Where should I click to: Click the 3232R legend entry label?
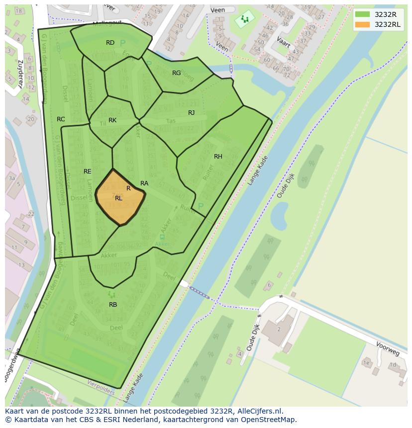(x=386, y=14)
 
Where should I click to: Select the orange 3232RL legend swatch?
(x=363, y=24)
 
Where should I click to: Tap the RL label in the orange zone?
(x=118, y=198)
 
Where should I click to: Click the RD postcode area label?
(x=110, y=43)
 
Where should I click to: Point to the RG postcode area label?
(x=177, y=73)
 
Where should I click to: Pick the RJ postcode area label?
(x=192, y=113)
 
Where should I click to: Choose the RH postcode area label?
(x=218, y=157)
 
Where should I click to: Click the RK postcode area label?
(x=112, y=120)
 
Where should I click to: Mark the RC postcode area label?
(x=61, y=119)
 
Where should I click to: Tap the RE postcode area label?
(x=88, y=171)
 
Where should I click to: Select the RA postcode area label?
(x=144, y=183)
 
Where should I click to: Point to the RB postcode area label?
(x=113, y=305)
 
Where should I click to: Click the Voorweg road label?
(x=388, y=348)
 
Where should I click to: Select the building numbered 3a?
(x=11, y=178)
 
